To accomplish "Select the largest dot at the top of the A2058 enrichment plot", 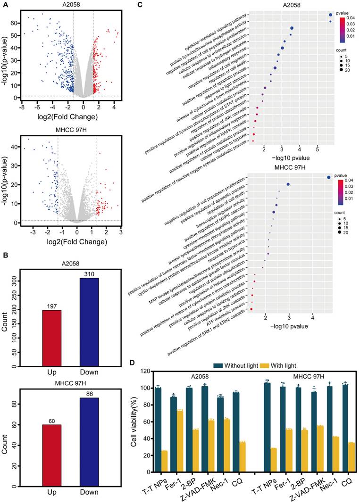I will click(x=331, y=15).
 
